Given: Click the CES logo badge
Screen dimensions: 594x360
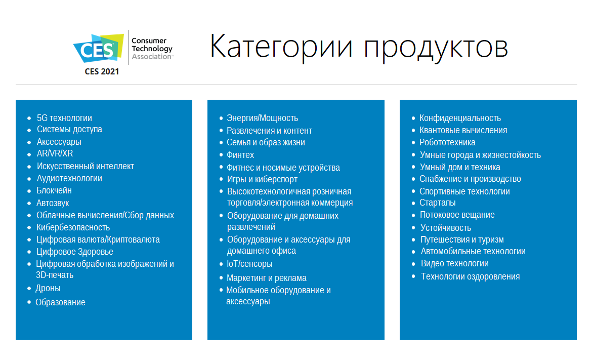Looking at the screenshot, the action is point(99,49).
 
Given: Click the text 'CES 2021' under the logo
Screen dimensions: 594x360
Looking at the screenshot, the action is point(102,71).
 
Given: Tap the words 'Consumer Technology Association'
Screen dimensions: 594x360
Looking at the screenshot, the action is point(152,49).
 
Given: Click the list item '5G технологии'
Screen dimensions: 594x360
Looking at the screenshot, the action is point(64,118).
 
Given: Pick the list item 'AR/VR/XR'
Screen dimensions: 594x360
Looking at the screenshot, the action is point(55,153).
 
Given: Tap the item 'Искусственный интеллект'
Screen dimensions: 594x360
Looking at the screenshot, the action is point(85,166).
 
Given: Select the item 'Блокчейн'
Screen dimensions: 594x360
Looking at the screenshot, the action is point(54,190).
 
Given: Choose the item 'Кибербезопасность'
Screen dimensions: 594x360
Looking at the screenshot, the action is point(73,227).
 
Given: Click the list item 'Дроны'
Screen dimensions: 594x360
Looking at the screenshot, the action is point(48,289).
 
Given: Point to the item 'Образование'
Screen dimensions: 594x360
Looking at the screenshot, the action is point(61,302).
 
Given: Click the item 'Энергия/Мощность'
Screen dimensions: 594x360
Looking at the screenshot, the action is point(262,118).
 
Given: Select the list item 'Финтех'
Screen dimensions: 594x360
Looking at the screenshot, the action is point(240,155).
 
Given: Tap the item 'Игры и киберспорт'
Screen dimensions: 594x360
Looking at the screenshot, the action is point(262,179).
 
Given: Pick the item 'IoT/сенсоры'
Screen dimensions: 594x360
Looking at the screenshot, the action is point(249,264).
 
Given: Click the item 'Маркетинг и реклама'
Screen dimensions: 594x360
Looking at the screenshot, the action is point(267,278).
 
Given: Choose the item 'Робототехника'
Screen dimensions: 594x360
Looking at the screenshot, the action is point(447,142).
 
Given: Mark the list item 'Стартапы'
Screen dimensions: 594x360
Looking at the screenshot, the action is point(438,203).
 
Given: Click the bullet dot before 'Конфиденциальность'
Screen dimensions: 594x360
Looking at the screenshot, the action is point(413,118).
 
